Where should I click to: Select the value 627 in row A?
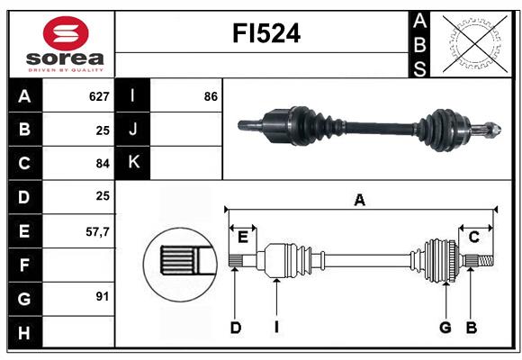pyautogui.click(x=98, y=96)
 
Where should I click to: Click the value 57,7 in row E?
pyautogui.click(x=96, y=231)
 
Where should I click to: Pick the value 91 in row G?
pyautogui.click(x=102, y=296)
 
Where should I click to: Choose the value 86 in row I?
pyautogui.click(x=211, y=96)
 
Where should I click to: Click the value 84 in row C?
pyautogui.click(x=102, y=163)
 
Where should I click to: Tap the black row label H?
pyautogui.click(x=24, y=334)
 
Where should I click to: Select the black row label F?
pyautogui.click(x=24, y=265)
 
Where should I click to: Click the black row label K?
pyautogui.click(x=133, y=163)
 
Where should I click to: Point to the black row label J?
pyautogui.click(x=133, y=130)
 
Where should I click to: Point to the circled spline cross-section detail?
pyautogui.click(x=179, y=262)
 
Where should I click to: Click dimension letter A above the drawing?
pyautogui.click(x=359, y=200)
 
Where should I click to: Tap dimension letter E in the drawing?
pyautogui.click(x=243, y=237)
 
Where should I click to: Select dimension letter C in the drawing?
pyautogui.click(x=473, y=237)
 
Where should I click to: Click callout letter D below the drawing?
pyautogui.click(x=235, y=328)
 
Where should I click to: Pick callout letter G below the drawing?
pyautogui.click(x=445, y=328)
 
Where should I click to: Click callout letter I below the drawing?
pyautogui.click(x=277, y=328)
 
